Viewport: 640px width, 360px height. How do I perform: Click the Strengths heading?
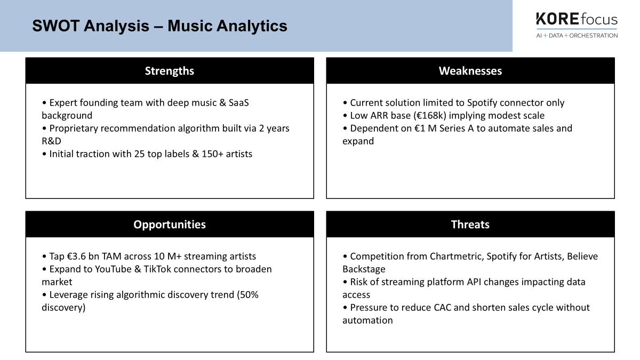point(170,71)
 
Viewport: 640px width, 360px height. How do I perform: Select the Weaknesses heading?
point(470,71)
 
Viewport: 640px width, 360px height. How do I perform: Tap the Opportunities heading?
point(170,225)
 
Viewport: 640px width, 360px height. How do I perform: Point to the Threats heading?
point(470,225)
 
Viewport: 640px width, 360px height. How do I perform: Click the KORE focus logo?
point(577,25)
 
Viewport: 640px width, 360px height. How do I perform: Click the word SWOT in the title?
point(55,26)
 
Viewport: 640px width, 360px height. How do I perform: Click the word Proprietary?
point(74,129)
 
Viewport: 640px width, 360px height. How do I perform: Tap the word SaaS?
point(239,103)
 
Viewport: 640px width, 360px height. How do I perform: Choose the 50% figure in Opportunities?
point(247,295)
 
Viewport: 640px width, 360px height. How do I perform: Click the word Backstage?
point(364,269)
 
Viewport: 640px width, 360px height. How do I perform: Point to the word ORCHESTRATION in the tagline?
point(594,36)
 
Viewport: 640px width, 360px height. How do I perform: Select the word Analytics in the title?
point(252,26)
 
